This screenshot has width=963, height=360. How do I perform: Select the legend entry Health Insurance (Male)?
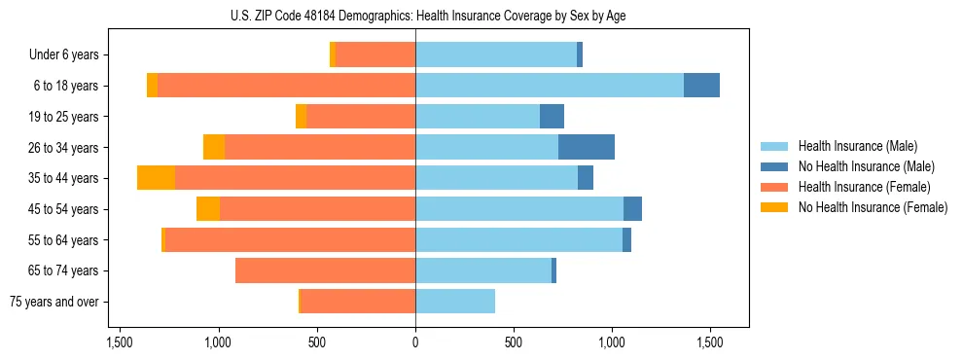(x=857, y=147)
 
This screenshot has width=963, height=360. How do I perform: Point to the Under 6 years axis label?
(x=63, y=55)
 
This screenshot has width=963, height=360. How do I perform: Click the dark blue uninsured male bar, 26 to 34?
(x=587, y=147)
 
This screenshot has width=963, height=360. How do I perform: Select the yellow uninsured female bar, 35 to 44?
(x=156, y=178)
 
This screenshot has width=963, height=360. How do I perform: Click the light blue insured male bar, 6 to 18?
(x=550, y=86)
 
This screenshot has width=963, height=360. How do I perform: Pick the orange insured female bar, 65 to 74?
(x=325, y=270)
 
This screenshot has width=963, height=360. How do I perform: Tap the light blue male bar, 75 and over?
(x=455, y=302)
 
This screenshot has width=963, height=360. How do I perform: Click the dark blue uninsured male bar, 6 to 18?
(x=701, y=86)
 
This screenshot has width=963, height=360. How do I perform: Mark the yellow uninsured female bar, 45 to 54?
(x=208, y=209)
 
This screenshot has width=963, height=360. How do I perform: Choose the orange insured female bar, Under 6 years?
(x=375, y=54)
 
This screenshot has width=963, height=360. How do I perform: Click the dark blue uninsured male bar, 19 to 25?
(x=552, y=117)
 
